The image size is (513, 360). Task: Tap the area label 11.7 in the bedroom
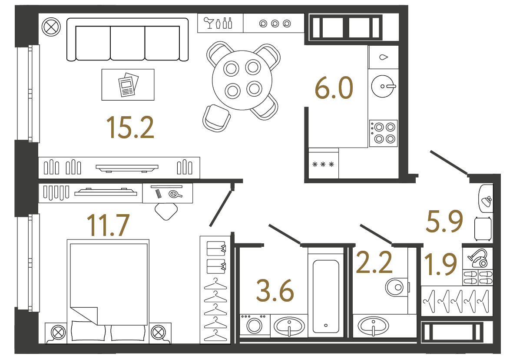click(x=108, y=225)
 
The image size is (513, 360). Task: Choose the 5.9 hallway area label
click(x=443, y=221)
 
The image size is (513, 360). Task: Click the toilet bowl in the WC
click(x=396, y=287)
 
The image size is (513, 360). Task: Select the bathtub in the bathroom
click(x=325, y=296)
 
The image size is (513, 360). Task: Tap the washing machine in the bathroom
click(x=255, y=325)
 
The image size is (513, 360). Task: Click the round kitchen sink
click(x=384, y=86)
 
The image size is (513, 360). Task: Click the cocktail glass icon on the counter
click(x=209, y=23)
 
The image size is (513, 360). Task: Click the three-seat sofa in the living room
click(x=127, y=40)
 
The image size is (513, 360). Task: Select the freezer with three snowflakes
click(x=323, y=165)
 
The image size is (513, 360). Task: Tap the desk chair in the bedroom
click(x=166, y=211)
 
